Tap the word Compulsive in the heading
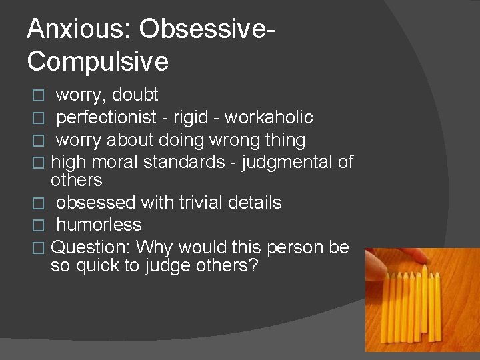(98, 61)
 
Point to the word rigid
(191, 118)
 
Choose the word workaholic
(269, 118)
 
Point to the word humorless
(99, 225)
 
